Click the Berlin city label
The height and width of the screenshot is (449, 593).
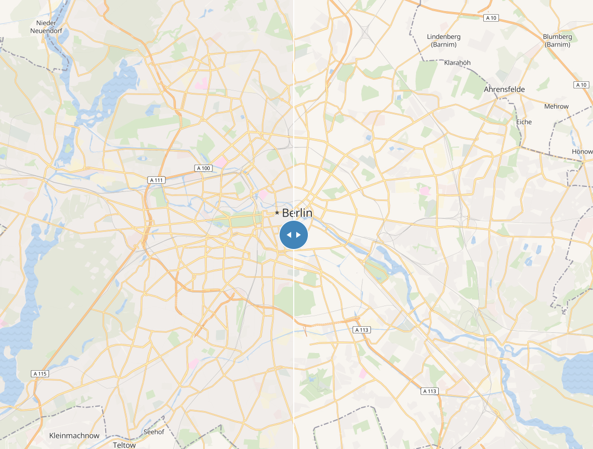pos(297,213)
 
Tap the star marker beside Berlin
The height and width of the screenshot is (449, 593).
pos(277,213)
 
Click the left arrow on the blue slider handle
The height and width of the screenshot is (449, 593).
pos(289,235)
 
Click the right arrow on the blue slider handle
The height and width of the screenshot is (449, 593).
pos(299,235)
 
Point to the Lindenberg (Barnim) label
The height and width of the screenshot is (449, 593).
pos(444,40)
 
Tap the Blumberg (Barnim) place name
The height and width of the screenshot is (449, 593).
pos(558,40)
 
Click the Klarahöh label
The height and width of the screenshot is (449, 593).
pos(457,63)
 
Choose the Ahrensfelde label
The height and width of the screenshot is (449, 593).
pos(504,89)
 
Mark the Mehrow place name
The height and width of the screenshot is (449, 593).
pos(556,107)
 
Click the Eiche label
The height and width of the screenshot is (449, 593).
pos(524,122)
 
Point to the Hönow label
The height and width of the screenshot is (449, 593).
pos(582,152)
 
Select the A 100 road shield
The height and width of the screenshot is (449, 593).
pos(203,168)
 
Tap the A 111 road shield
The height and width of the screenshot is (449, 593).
pos(157,180)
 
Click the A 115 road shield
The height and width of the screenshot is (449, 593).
pos(39,374)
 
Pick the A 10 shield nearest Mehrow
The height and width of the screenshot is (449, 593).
pos(582,84)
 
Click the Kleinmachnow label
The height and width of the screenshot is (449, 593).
pos(74,435)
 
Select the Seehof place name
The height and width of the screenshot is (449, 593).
pos(154,432)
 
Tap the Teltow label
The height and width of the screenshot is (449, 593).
pos(124,445)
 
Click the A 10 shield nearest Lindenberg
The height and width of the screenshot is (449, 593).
pos(490,18)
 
